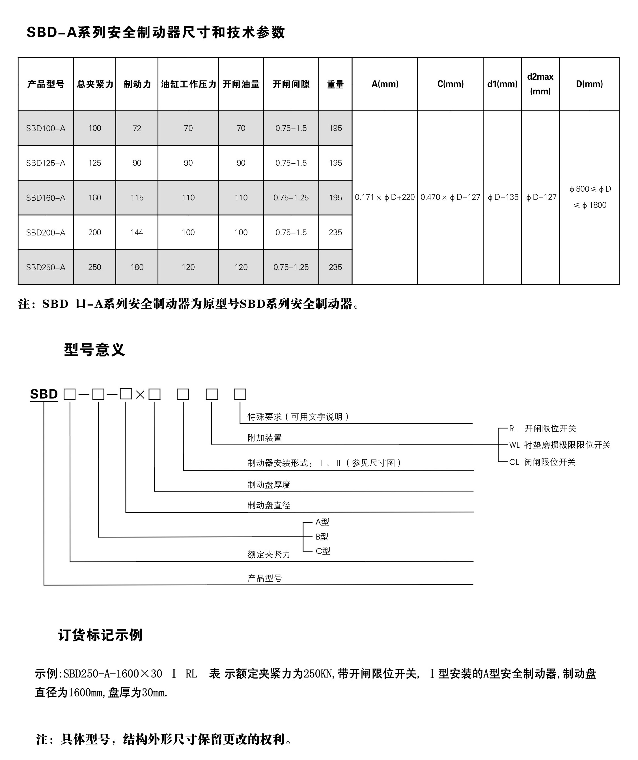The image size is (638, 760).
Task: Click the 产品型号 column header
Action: click(x=46, y=84)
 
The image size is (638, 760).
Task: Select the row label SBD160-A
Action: click(x=46, y=198)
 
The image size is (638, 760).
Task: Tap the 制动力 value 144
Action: click(x=137, y=232)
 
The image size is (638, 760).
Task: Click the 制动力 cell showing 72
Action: click(x=137, y=128)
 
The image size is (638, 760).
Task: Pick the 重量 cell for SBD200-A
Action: click(x=335, y=232)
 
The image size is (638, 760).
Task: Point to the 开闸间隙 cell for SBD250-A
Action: click(x=291, y=267)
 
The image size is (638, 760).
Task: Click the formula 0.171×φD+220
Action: click(x=385, y=197)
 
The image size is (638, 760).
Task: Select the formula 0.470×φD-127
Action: click(x=450, y=197)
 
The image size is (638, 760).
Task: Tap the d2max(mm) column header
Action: click(x=540, y=84)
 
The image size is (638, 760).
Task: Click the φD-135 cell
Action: click(x=503, y=197)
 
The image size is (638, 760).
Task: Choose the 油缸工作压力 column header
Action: click(x=188, y=84)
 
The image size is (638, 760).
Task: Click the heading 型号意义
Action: click(x=94, y=350)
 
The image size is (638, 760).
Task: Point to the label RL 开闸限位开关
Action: click(x=542, y=428)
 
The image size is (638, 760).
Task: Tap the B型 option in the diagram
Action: click(x=322, y=537)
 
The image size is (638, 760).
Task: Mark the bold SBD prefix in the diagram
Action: click(x=44, y=394)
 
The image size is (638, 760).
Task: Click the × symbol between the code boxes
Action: click(x=140, y=395)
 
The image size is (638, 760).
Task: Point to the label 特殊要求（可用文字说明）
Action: click(x=298, y=417)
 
